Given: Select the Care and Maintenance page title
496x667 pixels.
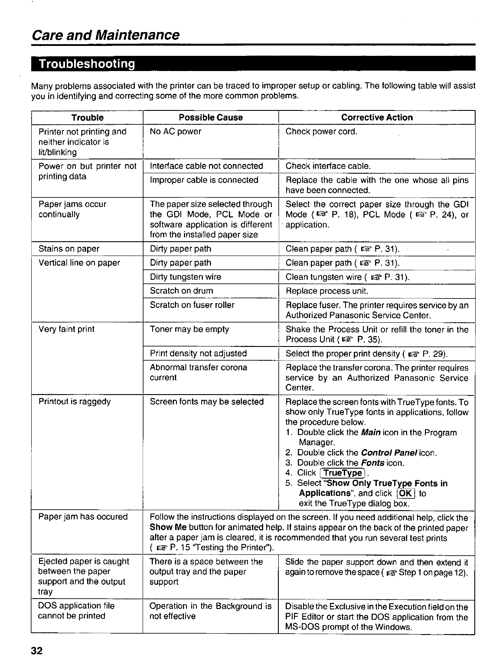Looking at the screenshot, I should coord(106,35).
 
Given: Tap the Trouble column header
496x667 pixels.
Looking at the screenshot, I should coord(87,118).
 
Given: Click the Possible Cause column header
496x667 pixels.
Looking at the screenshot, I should coord(211,118).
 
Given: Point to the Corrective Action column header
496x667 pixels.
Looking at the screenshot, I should coord(377,118).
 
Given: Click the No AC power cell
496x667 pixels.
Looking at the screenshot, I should coord(175,132).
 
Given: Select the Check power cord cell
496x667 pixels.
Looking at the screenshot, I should coord(321,132).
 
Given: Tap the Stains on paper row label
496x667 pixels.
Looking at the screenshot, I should coord(69,249).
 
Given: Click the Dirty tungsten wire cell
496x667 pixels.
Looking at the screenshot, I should coord(185,277).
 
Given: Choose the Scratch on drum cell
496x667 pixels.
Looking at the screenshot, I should coord(181,291).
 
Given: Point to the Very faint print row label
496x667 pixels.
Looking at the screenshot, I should coord(66,329).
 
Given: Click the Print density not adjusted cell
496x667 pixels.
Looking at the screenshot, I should coord(198,354).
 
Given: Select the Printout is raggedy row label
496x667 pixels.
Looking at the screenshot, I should coord(75,402).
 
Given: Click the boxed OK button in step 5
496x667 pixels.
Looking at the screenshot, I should coord(406,494).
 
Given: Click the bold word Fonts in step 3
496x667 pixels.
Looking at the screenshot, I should coord(373,463).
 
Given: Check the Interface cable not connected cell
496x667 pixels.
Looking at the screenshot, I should coord(206,166).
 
